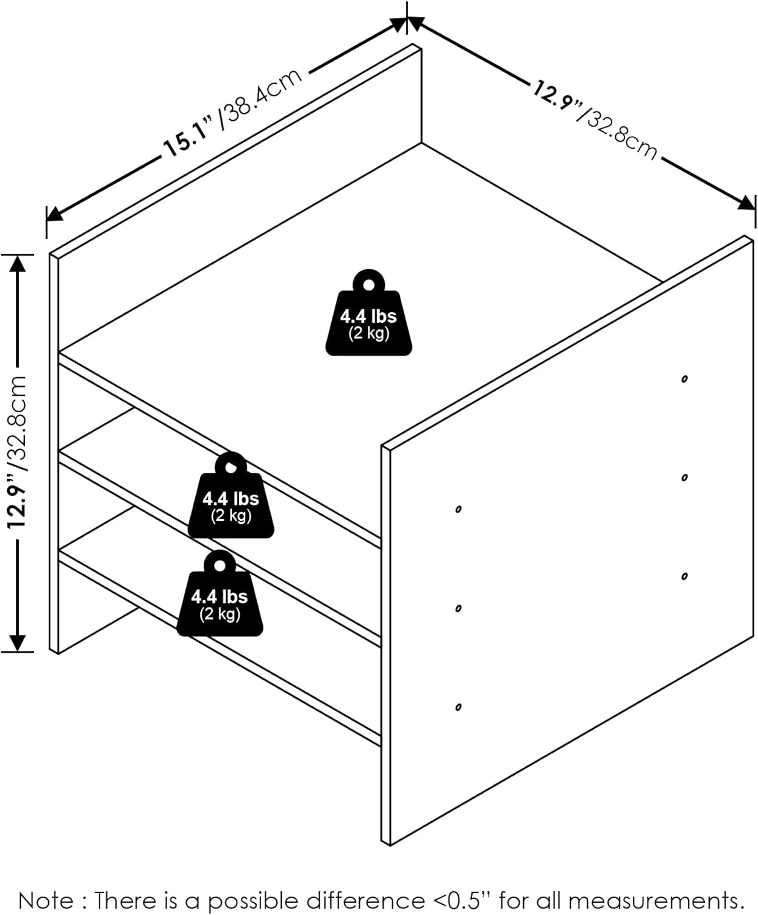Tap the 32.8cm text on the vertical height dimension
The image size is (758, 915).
pyautogui.click(x=18, y=422)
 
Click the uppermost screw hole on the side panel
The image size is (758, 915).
pyautogui.click(x=684, y=379)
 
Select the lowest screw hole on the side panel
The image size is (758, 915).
pyautogui.click(x=458, y=708)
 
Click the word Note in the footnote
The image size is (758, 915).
pyautogui.click(x=46, y=900)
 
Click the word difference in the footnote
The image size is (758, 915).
pyautogui.click(x=365, y=900)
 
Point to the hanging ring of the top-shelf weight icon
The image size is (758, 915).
pyautogui.click(x=368, y=284)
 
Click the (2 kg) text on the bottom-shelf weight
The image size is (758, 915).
pyautogui.click(x=220, y=614)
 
